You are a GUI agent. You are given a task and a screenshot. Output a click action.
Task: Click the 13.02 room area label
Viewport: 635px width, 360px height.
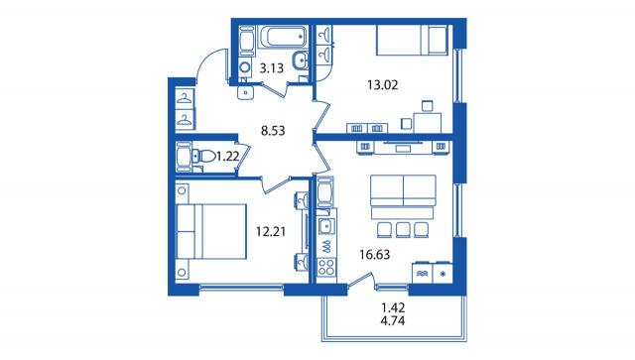(382, 85)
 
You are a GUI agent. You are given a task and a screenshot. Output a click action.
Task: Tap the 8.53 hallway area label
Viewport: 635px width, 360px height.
(273, 131)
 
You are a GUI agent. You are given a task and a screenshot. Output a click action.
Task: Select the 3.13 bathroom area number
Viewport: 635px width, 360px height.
(271, 68)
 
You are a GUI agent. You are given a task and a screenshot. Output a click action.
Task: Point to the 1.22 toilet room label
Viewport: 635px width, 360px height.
(227, 157)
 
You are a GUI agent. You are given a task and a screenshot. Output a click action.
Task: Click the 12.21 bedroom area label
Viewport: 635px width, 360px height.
(271, 232)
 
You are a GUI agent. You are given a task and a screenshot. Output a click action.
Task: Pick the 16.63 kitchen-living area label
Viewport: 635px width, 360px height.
(375, 255)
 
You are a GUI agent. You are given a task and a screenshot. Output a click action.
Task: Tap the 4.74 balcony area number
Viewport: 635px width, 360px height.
(393, 321)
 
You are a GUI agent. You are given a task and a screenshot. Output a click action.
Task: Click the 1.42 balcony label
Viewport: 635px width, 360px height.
(393, 307)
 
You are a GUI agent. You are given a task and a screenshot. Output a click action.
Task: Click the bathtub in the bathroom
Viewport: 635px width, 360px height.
(283, 37)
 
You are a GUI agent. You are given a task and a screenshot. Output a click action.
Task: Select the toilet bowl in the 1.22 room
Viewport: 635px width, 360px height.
(205, 156)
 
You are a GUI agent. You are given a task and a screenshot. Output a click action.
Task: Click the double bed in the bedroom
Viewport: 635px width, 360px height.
(211, 232)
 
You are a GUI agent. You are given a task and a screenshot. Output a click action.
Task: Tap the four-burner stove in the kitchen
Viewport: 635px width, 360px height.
(326, 267)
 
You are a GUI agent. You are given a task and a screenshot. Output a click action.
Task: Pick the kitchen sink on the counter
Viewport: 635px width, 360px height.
(326, 227)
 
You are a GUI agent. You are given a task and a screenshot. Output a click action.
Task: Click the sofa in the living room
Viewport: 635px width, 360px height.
(403, 190)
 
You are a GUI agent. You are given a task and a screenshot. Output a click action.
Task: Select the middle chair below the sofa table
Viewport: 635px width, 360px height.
(403, 230)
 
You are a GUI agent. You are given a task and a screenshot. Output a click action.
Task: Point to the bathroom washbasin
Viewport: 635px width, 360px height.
(300, 60)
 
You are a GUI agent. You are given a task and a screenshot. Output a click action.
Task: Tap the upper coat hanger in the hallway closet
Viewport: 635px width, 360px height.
(185, 98)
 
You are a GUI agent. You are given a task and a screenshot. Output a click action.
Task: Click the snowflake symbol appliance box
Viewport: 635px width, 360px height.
(443, 274)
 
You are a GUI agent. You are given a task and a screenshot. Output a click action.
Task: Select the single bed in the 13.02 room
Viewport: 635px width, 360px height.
(412, 40)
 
